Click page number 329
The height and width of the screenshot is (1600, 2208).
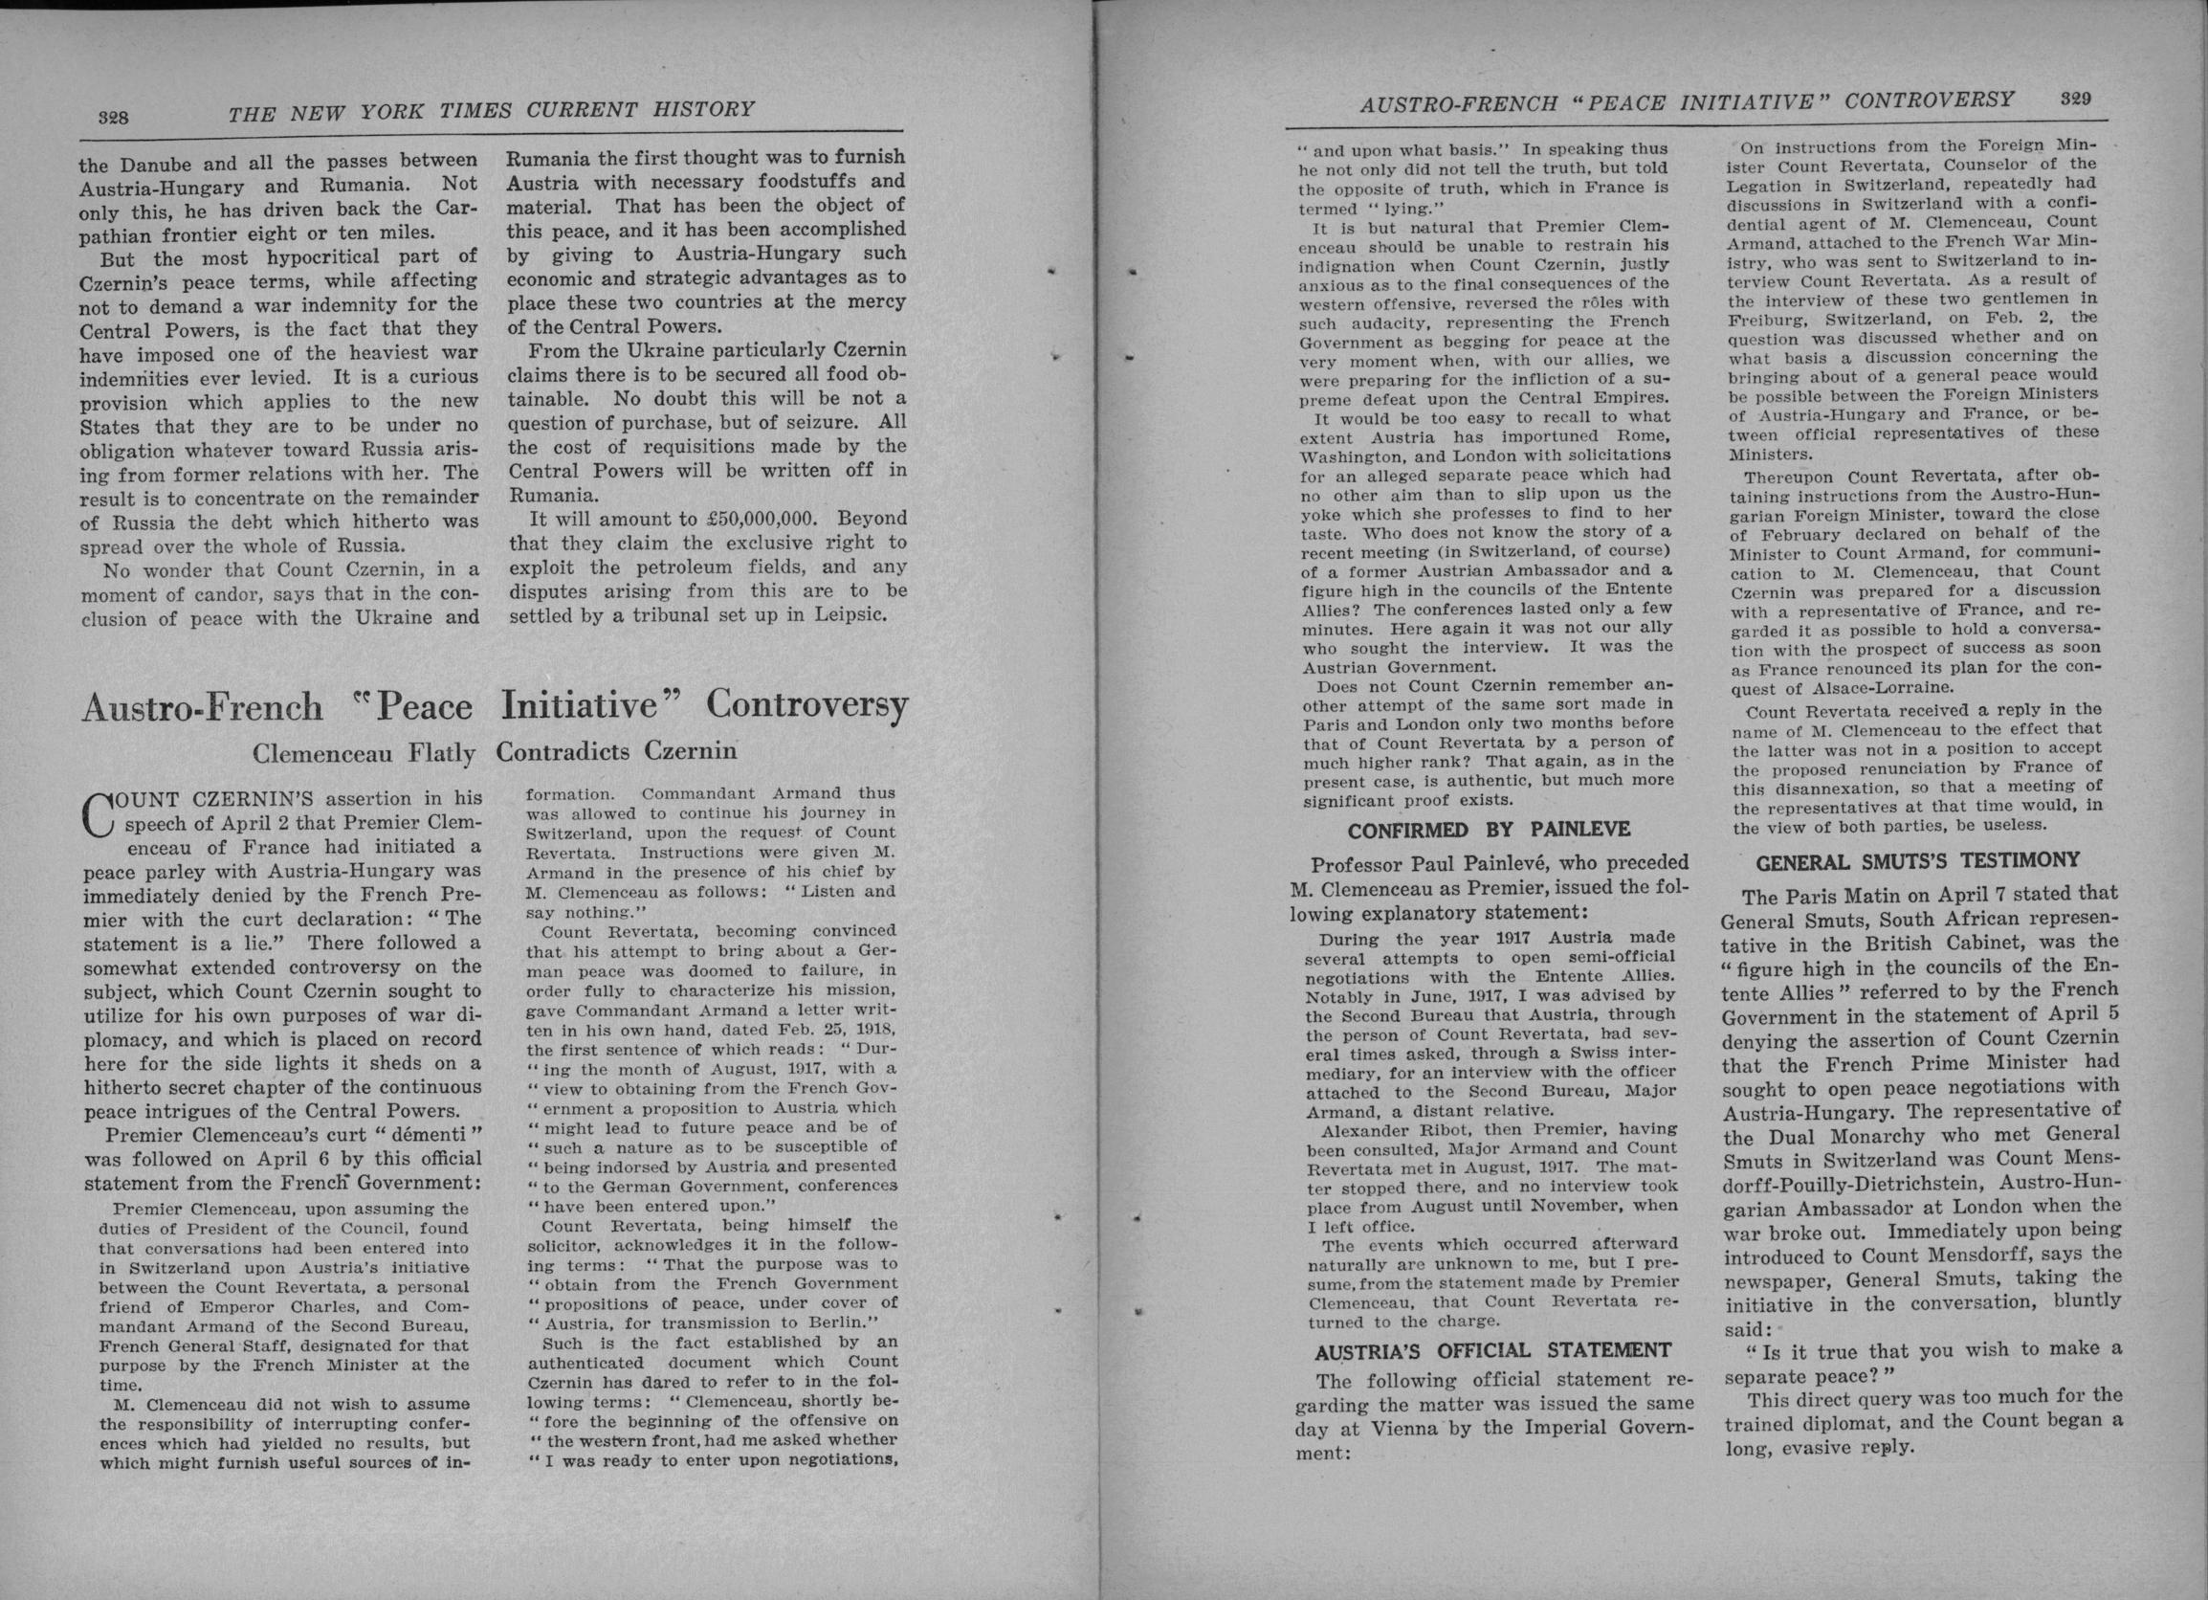point(2076,99)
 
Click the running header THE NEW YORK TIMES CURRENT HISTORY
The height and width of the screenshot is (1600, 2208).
point(491,109)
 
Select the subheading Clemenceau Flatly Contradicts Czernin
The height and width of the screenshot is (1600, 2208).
point(494,752)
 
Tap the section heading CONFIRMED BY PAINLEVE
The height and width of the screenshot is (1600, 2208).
point(1489,830)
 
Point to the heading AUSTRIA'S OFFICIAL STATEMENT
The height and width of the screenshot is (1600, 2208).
point(1492,1350)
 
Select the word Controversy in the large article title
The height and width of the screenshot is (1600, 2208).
point(807,705)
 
